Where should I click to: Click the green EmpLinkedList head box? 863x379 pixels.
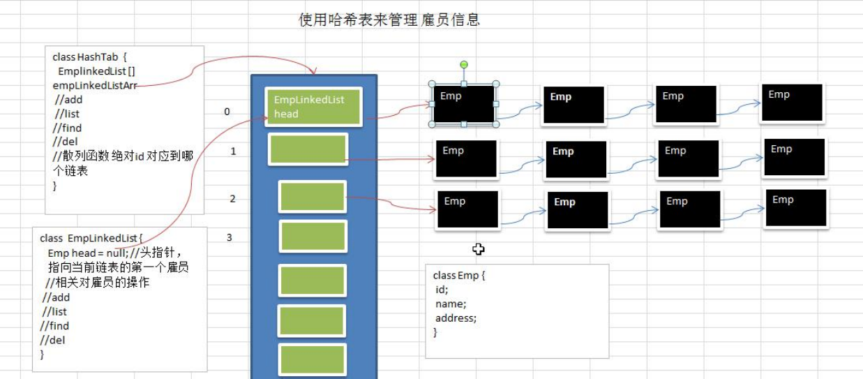(x=313, y=107)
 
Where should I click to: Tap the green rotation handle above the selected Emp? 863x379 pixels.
(x=464, y=65)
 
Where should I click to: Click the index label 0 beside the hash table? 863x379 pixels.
(x=227, y=112)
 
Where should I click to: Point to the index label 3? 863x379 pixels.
(x=230, y=238)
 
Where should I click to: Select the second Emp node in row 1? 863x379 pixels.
(x=576, y=159)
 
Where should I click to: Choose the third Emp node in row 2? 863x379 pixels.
(x=690, y=209)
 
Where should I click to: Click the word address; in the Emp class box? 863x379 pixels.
(x=456, y=318)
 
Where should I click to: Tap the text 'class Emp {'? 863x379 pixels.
(x=458, y=276)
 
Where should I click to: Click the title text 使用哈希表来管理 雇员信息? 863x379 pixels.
(x=389, y=20)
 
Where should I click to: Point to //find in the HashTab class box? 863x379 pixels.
(x=67, y=128)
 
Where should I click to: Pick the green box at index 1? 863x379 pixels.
(x=308, y=149)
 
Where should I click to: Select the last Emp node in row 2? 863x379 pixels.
(x=797, y=208)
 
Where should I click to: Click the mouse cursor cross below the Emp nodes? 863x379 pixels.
(x=479, y=249)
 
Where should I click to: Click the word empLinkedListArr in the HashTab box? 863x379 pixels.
(x=95, y=85)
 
